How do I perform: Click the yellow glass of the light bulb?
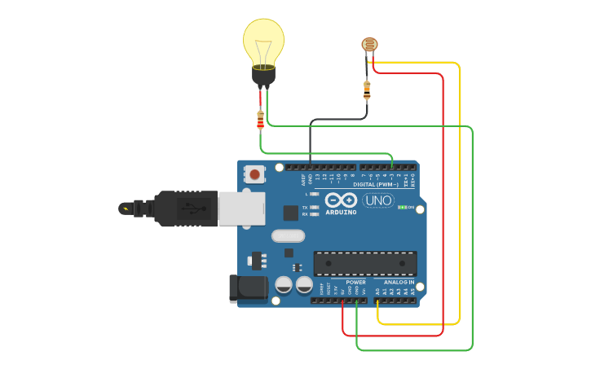pos(263,41)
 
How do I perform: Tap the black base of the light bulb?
pos(263,77)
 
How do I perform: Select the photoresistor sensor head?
pos(369,46)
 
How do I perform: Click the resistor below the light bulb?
pos(260,120)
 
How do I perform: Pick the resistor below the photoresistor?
pos(367,90)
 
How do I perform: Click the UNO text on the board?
pos(378,200)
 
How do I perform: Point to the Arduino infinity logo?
pos(340,200)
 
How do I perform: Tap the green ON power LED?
pos(401,207)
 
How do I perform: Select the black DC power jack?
pos(249,288)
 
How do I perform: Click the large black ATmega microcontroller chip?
pos(365,263)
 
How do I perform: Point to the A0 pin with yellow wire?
pos(377,301)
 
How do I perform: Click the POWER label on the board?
pos(355,282)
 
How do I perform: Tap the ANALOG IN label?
pos(399,282)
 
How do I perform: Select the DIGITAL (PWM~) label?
pos(376,185)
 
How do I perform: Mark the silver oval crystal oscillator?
pos(287,236)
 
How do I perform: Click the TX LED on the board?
pos(314,208)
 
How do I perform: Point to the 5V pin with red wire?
pos(342,301)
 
